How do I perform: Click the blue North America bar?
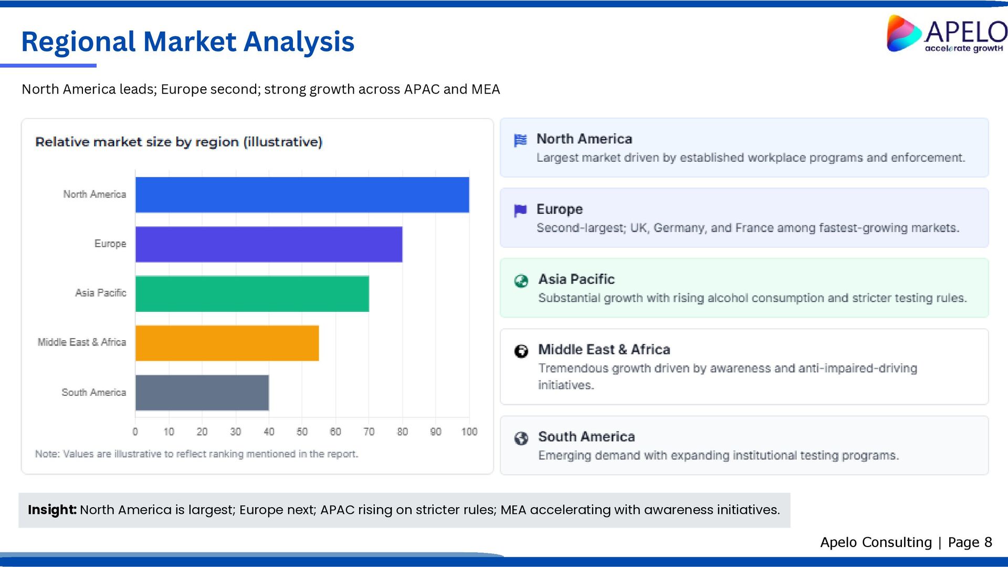[x=302, y=195]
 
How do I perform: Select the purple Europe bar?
[x=269, y=244]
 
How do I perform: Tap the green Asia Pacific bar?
[x=252, y=293]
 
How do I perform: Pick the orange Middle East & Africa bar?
[x=227, y=343]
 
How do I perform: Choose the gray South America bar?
[x=202, y=393]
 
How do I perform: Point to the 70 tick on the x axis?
[x=369, y=432]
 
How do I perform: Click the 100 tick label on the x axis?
[x=469, y=432]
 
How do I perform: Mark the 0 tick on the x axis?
[x=135, y=432]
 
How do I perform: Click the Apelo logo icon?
[x=903, y=34]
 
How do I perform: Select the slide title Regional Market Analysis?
[x=187, y=41]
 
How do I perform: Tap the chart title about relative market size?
[x=178, y=142]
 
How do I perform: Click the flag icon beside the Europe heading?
[x=520, y=211]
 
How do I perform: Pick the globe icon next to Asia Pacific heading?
[x=521, y=281]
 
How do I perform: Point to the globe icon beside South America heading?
[x=521, y=438]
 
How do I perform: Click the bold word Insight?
[x=52, y=510]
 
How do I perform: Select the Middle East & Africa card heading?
[x=604, y=350]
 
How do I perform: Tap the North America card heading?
[x=584, y=139]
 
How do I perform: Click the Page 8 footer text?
[x=970, y=542]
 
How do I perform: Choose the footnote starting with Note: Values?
[x=196, y=454]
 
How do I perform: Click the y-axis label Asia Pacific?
[x=100, y=293]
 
